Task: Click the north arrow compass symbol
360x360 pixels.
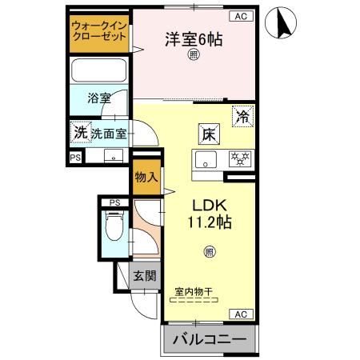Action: pyautogui.click(x=282, y=22)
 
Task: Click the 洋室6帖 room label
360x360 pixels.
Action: pyautogui.click(x=194, y=38)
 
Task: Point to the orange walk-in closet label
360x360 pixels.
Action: pyautogui.click(x=99, y=32)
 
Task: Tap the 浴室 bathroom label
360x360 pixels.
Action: pyautogui.click(x=99, y=99)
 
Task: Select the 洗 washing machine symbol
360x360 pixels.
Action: pyautogui.click(x=80, y=132)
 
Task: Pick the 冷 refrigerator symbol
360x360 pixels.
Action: pyautogui.click(x=242, y=117)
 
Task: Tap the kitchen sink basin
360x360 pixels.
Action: pyautogui.click(x=206, y=160)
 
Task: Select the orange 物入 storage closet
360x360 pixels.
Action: pyautogui.click(x=145, y=175)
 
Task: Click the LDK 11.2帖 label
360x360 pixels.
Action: pyautogui.click(x=210, y=213)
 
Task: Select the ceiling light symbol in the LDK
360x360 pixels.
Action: pyautogui.click(x=209, y=251)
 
